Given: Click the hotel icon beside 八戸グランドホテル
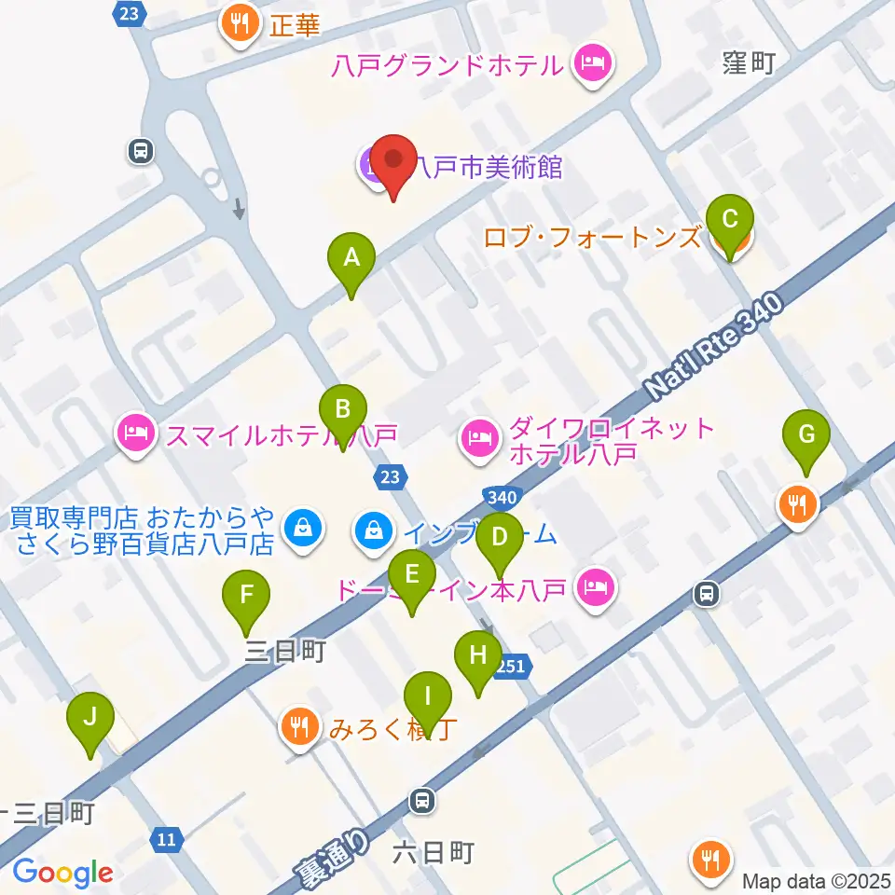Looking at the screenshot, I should point(592,65).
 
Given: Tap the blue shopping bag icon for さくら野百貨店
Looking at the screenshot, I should point(303,529).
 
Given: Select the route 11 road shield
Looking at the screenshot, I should point(166,839).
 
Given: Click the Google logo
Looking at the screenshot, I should point(62,873).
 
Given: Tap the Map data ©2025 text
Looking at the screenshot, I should point(817,880).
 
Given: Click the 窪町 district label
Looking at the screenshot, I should point(750,63).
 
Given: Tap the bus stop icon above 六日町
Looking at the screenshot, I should point(422,799).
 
